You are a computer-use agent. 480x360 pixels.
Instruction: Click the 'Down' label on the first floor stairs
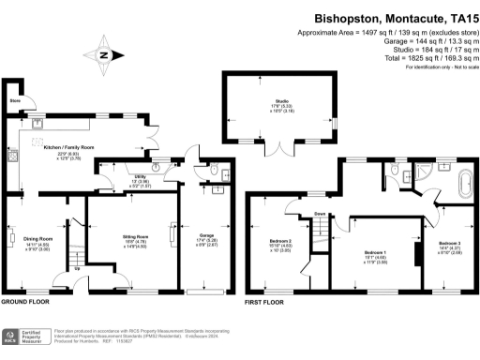pyautogui.click(x=320, y=215)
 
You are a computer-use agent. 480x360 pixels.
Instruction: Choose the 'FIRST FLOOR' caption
pyautogui.click(x=263, y=303)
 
